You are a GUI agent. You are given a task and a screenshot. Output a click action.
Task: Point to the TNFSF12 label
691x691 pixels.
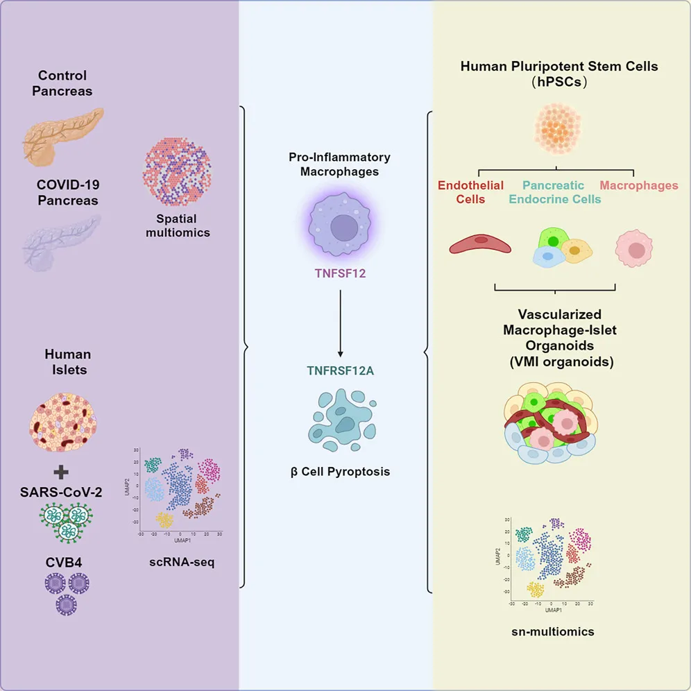pyautogui.click(x=340, y=273)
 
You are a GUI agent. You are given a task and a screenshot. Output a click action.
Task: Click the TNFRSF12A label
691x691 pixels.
pyautogui.click(x=340, y=370)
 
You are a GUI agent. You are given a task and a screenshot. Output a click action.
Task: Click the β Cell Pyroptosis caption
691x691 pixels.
pyautogui.click(x=340, y=472)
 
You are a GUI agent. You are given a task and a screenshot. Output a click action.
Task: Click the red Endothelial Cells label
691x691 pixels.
pyautogui.click(x=471, y=192)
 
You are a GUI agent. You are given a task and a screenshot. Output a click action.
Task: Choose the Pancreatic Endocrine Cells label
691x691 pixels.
pyautogui.click(x=553, y=192)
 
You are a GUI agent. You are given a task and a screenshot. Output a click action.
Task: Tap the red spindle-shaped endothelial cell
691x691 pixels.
pyautogui.click(x=480, y=244)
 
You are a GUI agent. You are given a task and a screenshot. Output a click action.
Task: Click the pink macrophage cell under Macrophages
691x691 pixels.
pyautogui.click(x=634, y=248)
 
